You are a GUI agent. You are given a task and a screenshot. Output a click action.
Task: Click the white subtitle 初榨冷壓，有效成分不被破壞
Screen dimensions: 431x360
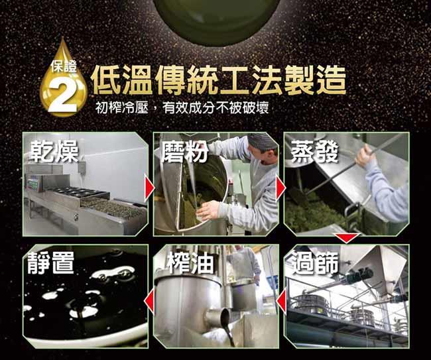tap(182, 107)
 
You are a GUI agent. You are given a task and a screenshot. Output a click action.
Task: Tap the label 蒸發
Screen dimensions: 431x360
tap(315, 151)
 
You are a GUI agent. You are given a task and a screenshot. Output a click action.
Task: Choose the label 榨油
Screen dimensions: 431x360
tap(190, 263)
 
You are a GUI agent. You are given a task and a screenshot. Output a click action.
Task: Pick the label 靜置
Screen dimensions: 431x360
tap(51, 263)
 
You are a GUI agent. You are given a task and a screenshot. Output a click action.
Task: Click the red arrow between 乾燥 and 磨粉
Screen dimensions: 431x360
tap(149, 188)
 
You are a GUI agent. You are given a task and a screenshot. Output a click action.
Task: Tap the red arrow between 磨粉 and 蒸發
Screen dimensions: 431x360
tap(280, 188)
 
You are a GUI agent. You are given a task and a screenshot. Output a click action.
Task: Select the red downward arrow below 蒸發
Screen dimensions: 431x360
tap(347, 237)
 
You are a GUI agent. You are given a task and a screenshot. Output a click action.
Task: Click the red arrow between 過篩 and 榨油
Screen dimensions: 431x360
tap(281, 301)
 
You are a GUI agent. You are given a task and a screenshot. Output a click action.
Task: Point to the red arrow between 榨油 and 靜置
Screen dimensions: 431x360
tap(149, 301)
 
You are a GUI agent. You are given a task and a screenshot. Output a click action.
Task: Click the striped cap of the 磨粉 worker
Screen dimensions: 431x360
tap(262, 141)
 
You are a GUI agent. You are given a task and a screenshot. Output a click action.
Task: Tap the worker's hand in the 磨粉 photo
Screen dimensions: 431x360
tap(208, 210)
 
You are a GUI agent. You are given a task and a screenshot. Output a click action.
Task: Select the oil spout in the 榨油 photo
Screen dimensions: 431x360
tap(219, 317)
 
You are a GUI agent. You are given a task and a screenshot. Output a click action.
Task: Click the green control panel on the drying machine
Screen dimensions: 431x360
tap(33, 185)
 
